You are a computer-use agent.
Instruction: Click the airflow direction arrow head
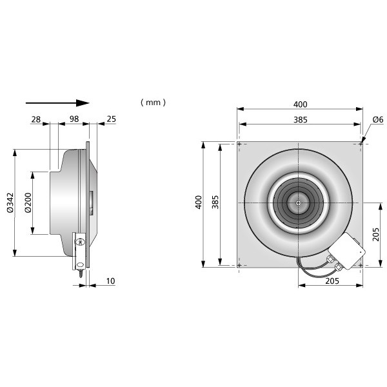coord(83,103)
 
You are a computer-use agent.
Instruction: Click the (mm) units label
coord(153,102)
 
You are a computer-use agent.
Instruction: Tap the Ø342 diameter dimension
coord(10,203)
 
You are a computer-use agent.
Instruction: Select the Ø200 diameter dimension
coord(28,203)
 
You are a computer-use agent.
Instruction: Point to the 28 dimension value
coord(35,119)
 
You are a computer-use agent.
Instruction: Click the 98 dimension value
coord(74,119)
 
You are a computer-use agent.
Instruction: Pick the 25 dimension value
coord(112,119)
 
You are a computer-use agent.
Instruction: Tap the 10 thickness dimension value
coord(110,281)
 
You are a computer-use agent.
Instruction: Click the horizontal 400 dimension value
coord(300,104)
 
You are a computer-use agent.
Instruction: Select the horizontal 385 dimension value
coord(301,120)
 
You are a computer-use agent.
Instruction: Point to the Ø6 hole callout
coord(378,119)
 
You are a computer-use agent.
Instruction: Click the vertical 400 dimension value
coord(199,203)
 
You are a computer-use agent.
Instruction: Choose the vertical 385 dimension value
coord(215,202)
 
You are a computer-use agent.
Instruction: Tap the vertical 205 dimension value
coord(375,235)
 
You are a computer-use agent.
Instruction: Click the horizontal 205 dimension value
coord(332,281)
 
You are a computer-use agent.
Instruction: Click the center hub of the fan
coord(298,203)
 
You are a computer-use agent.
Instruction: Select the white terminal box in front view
coord(347,250)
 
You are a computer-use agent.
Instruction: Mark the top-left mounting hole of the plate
coord(239,144)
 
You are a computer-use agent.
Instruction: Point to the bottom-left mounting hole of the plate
coord(239,265)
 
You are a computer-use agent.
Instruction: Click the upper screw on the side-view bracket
coord(80,242)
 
